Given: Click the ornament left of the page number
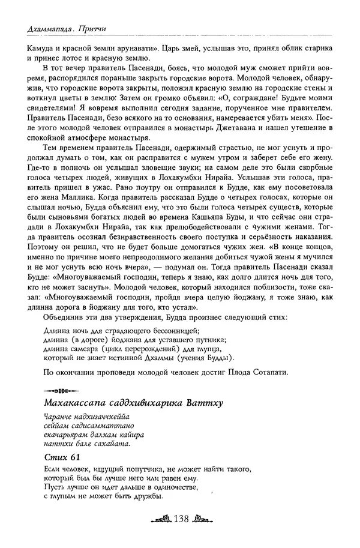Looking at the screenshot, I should pyautogui.click(x=160, y=517).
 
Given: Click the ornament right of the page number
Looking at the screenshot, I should pyautogui.click(x=201, y=517).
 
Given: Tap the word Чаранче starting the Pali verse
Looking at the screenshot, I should pyautogui.click(x=59, y=417).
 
